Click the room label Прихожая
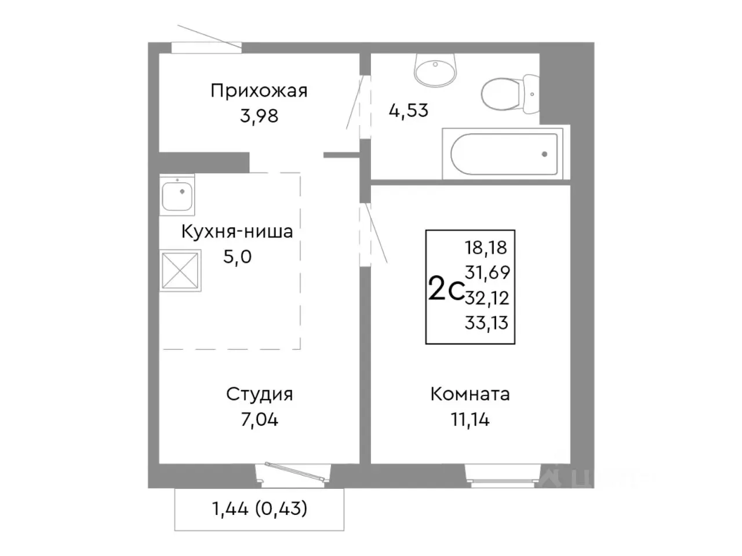(259, 91)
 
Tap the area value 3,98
(259, 116)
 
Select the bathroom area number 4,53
(408, 110)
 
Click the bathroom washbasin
(435, 69)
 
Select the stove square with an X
(181, 270)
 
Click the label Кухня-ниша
(237, 232)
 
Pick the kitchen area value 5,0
(237, 257)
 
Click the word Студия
(259, 394)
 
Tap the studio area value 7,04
(259, 419)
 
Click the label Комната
(470, 394)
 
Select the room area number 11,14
(470, 419)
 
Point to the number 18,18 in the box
(486, 248)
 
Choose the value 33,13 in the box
(486, 323)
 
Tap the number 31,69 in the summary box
(487, 273)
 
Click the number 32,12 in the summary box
(487, 298)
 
